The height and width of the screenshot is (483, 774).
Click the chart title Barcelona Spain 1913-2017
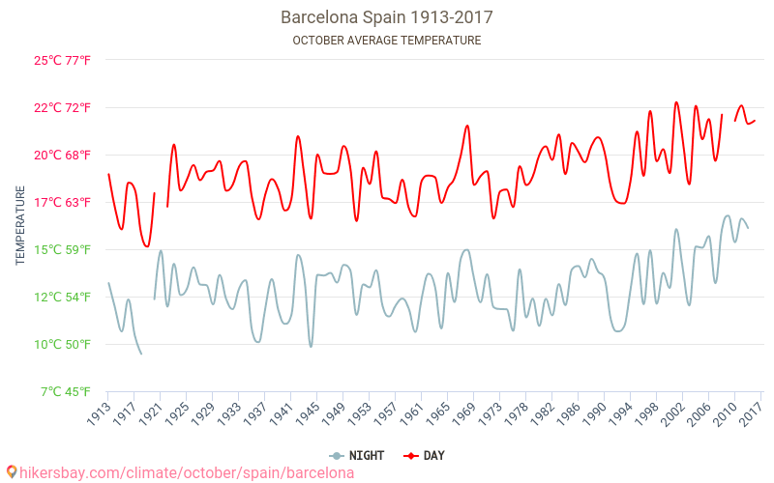386,17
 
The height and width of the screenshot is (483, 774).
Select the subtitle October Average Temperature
386,41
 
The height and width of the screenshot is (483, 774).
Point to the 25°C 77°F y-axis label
63,61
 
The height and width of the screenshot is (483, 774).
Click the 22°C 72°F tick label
63,108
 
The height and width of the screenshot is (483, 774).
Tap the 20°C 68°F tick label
63,156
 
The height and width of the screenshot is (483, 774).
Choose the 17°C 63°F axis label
63,203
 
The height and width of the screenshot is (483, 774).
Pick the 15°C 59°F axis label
63,250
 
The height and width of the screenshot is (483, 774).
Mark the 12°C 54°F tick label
63,298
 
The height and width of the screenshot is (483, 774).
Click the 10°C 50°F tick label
63,345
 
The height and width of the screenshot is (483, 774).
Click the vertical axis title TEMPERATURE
20,226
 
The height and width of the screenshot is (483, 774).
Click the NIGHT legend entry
349,456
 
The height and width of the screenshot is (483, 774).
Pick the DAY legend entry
424,456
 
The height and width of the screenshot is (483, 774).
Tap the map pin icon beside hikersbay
12,472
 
